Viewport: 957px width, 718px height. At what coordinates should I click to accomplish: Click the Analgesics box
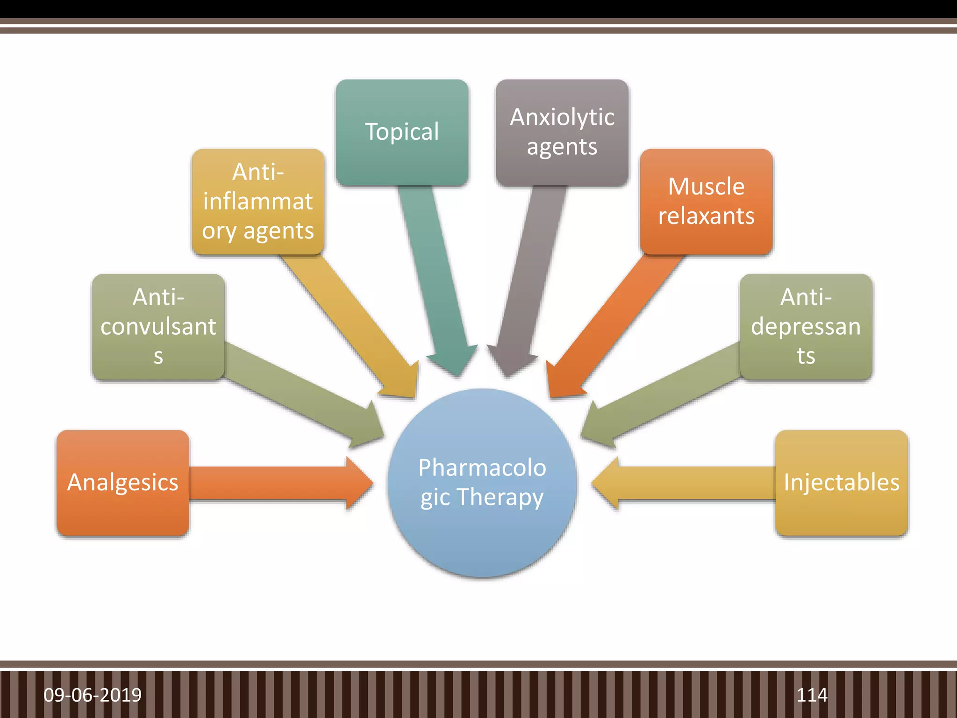[122, 482]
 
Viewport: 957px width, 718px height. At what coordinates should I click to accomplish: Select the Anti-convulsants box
[158, 326]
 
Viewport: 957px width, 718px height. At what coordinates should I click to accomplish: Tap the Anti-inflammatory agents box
[258, 201]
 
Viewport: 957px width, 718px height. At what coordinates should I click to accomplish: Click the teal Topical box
[402, 132]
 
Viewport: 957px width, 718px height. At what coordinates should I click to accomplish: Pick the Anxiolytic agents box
[562, 132]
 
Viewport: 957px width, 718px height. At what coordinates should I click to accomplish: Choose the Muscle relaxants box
[706, 201]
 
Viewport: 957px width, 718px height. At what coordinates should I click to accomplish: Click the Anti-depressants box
[806, 326]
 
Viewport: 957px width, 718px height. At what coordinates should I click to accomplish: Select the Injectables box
[841, 482]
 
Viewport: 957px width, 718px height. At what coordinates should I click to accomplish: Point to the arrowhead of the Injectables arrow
[607, 483]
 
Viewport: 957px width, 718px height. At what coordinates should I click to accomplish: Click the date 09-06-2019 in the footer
[93, 695]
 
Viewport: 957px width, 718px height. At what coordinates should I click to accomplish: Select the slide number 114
[812, 695]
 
